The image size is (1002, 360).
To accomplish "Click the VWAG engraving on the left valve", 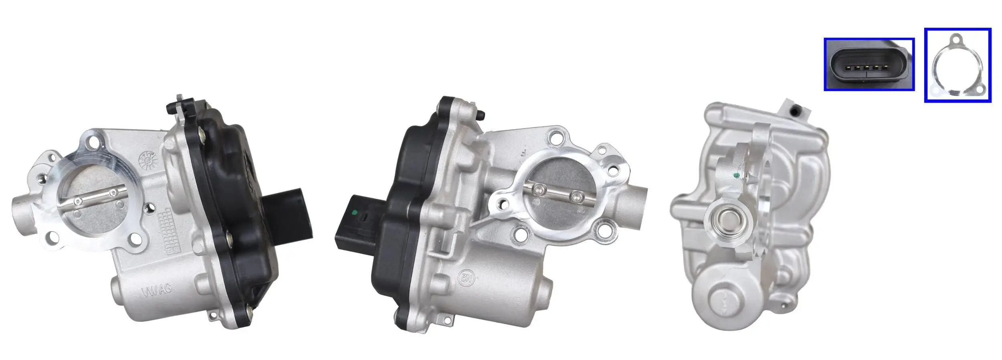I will (156, 291).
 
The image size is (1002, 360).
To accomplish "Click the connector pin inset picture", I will (869, 64).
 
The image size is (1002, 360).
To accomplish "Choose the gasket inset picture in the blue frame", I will (957, 65).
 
